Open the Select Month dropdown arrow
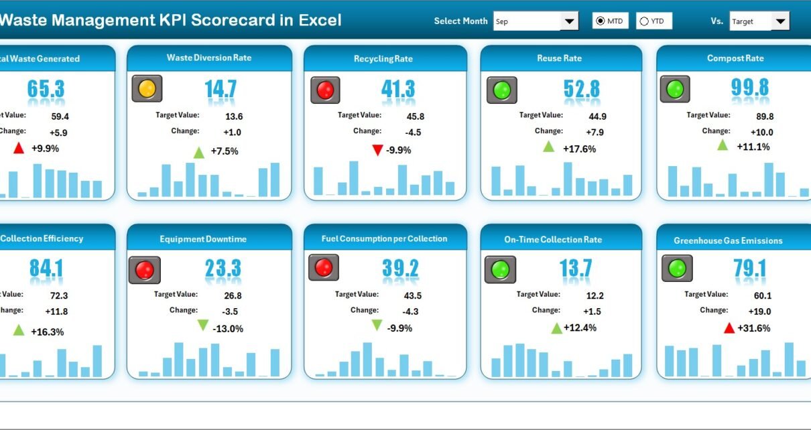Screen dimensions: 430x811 pyautogui.click(x=569, y=21)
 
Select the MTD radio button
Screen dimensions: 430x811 pyautogui.click(x=601, y=21)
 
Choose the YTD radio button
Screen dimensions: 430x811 pyautogui.click(x=644, y=21)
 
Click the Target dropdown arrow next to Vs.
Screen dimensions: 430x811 pyautogui.click(x=779, y=21)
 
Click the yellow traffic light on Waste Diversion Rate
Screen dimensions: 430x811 pyautogui.click(x=147, y=88)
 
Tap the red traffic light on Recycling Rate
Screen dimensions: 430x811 pyautogui.click(x=325, y=90)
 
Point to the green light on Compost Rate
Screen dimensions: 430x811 pyautogui.click(x=675, y=89)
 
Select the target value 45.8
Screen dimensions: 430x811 pyautogui.click(x=416, y=116)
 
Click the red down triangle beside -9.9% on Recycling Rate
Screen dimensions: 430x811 pyautogui.click(x=377, y=150)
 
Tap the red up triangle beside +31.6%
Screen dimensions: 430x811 pyautogui.click(x=729, y=328)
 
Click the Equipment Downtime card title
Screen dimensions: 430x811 pyautogui.click(x=203, y=239)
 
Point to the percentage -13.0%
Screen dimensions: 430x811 pyautogui.click(x=228, y=329)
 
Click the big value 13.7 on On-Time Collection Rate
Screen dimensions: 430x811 pyautogui.click(x=576, y=269)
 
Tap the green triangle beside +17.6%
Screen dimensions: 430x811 pyautogui.click(x=548, y=147)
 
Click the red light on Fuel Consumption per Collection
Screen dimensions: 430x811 pyautogui.click(x=324, y=268)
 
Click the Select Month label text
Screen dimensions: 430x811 pyautogui.click(x=460, y=21)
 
